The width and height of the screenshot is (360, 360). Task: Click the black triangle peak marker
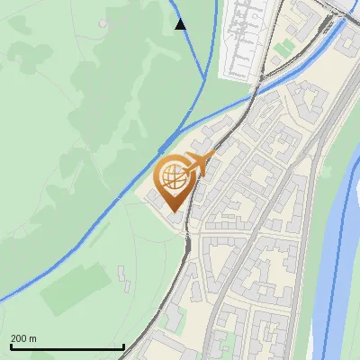click(x=180, y=24)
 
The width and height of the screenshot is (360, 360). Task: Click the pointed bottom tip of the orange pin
click(x=173, y=212)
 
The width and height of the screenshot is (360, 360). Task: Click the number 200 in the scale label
click(x=19, y=338)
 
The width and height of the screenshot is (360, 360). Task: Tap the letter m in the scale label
click(x=33, y=338)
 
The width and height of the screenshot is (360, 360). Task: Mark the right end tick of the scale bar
click(x=123, y=346)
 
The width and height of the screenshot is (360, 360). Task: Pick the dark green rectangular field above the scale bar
click(x=76, y=287)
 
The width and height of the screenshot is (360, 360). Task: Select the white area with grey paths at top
click(x=243, y=36)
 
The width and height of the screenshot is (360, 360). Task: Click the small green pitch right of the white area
click(x=285, y=45)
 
